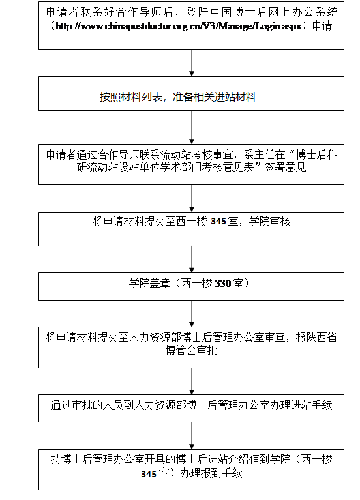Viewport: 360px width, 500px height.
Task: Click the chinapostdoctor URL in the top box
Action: coord(179,26)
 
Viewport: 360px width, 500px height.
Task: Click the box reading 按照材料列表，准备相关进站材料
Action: coord(192,93)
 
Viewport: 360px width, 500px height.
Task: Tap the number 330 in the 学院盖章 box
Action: coord(223,283)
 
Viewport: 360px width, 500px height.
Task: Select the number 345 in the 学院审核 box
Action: coord(218,221)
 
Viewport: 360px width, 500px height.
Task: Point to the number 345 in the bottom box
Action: coord(149,474)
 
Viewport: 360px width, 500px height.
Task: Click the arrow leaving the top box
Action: coord(192,63)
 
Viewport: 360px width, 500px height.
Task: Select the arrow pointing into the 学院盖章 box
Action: coord(192,259)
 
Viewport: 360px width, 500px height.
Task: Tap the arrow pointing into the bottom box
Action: coord(192,436)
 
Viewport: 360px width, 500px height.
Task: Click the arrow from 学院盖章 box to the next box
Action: coord(192,314)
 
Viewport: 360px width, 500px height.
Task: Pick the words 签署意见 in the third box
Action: coord(285,167)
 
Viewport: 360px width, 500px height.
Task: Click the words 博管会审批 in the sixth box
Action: coord(192,350)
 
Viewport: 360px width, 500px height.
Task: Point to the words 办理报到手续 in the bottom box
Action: coord(211,473)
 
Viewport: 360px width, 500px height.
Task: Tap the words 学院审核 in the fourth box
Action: coord(270,221)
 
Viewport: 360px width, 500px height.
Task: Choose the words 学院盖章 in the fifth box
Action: coord(149,283)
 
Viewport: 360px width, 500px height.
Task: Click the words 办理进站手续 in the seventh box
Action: coord(301,405)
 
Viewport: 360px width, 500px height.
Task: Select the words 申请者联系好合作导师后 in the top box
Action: coord(110,12)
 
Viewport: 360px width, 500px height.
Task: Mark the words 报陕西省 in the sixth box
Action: coord(316,338)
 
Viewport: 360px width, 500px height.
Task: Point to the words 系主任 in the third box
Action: coord(259,154)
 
